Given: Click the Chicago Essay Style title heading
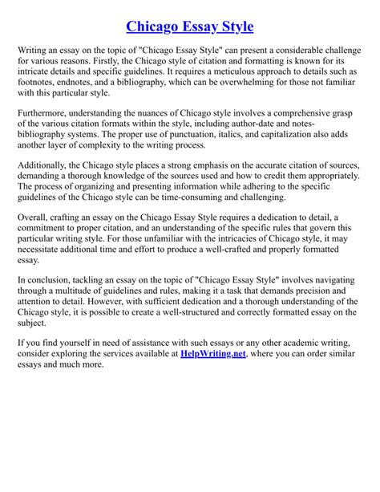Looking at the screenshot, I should point(190,26).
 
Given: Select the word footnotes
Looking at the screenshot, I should point(39,83).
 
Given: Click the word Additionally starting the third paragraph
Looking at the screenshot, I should point(47,165).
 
